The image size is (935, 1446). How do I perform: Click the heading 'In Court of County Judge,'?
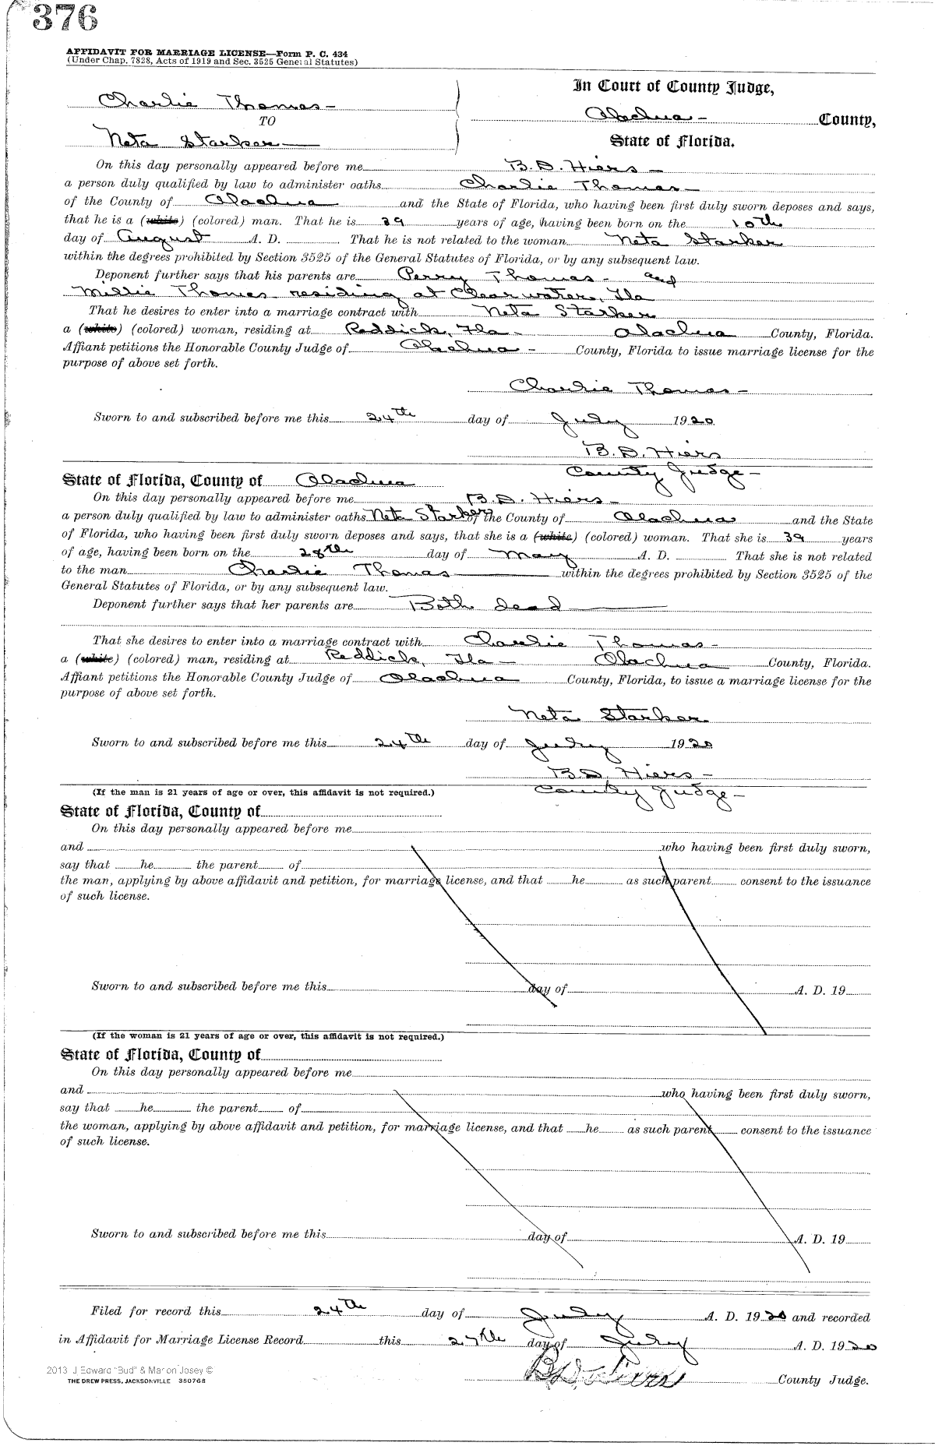click(x=673, y=86)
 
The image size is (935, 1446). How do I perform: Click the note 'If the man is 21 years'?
click(x=263, y=792)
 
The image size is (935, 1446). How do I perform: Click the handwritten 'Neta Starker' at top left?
click(x=199, y=141)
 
